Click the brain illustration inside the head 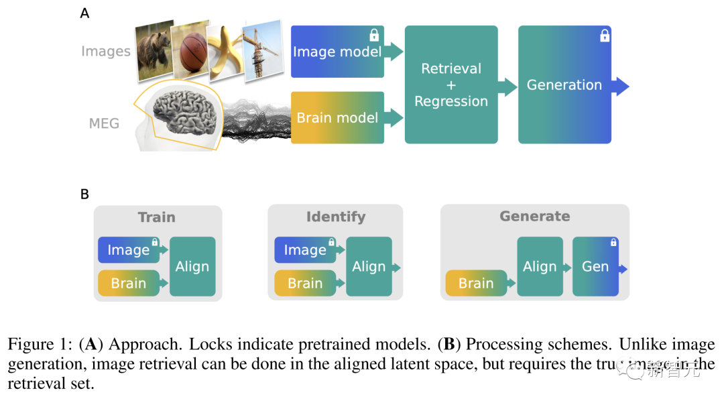[185, 115]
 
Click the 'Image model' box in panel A [337, 52]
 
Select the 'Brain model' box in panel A [337, 118]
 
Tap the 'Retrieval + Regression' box [451, 84]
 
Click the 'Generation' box [564, 84]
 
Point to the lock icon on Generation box [604, 35]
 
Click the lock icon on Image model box [375, 34]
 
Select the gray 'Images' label [106, 52]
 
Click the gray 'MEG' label [104, 123]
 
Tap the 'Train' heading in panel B [156, 217]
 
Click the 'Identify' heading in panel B [336, 217]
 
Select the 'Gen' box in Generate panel [595, 266]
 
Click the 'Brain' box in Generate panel [476, 284]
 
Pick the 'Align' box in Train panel [192, 266]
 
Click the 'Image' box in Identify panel [305, 250]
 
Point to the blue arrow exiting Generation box [621, 85]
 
